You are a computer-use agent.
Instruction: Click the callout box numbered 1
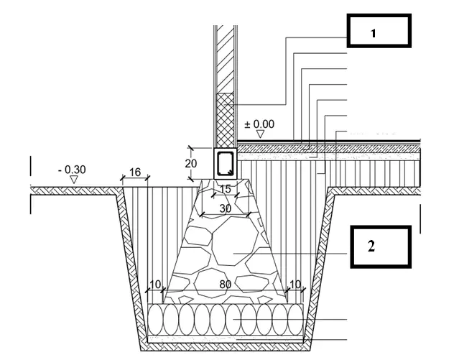coord(379,30)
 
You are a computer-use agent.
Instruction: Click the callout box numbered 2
coord(381,246)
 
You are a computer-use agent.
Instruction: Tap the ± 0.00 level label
coord(259,124)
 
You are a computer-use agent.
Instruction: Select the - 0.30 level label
coord(72,170)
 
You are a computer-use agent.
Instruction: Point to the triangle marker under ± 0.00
coord(260,134)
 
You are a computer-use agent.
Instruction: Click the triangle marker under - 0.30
coord(74,180)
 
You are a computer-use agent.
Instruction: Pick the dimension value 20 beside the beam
coord(190,163)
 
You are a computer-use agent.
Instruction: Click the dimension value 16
coord(135,172)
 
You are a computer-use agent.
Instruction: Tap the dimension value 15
coord(225,189)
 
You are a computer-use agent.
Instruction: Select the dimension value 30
coord(225,208)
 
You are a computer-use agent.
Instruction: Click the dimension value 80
coord(225,284)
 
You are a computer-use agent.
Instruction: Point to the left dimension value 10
coord(155,284)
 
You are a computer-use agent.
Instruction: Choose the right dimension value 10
coord(295,284)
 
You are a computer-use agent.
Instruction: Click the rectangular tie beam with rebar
coord(225,163)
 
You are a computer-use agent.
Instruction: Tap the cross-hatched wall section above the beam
coord(225,120)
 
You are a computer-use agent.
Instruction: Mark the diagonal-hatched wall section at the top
coord(225,59)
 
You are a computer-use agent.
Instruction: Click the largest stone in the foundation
coord(234,241)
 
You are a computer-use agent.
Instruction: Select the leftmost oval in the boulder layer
coord(155,320)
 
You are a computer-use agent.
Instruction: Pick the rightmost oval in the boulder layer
coord(296,320)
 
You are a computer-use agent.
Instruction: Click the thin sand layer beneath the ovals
coord(225,339)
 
